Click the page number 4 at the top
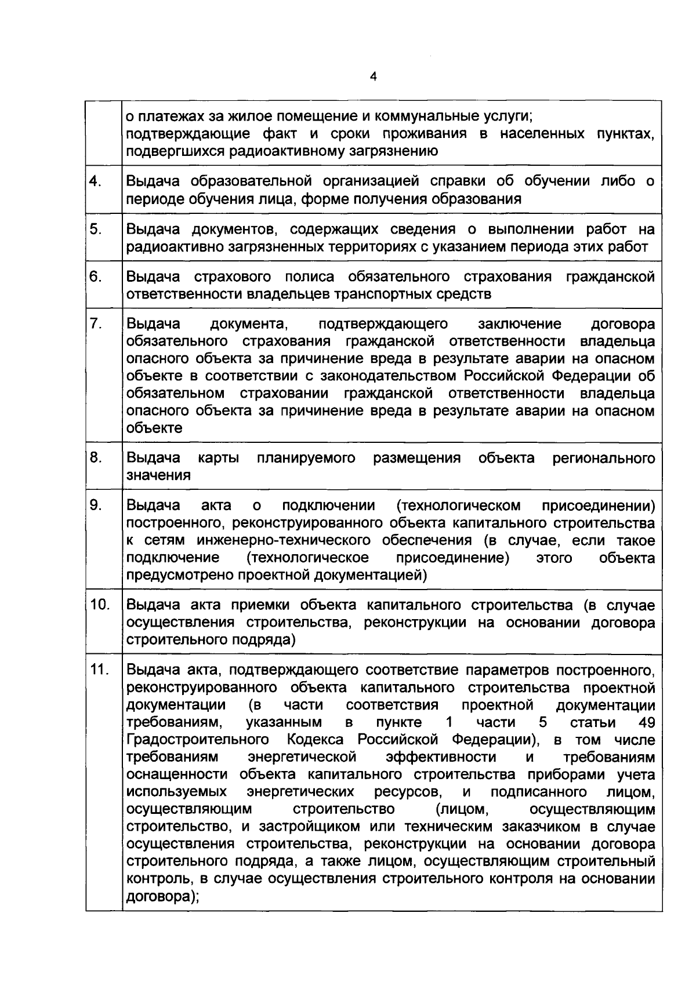point(373,77)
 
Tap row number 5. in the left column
point(96,229)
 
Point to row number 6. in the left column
point(96,277)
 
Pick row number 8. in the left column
point(96,458)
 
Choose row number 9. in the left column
point(96,505)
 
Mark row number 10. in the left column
point(100,605)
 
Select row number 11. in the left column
point(100,670)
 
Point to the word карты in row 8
point(219,458)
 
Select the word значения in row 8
point(158,475)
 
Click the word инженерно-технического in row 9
point(284,540)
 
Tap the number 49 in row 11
point(646,722)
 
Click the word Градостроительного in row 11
point(198,740)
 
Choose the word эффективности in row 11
point(441,757)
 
